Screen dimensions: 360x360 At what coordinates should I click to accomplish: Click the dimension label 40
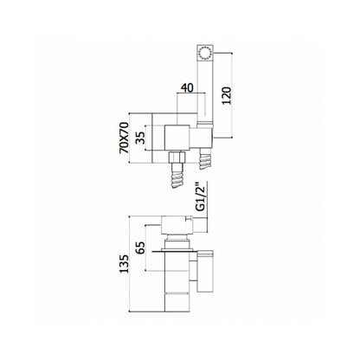click(x=187, y=88)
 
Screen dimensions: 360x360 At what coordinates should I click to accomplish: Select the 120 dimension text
click(x=227, y=95)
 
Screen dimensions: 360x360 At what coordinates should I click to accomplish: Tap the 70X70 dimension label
click(x=125, y=138)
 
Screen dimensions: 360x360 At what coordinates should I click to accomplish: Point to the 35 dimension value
click(x=140, y=138)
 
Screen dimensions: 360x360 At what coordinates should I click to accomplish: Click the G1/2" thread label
click(x=200, y=196)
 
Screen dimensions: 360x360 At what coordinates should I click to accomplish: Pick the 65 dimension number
click(x=140, y=247)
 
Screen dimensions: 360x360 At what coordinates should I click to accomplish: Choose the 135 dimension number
click(x=125, y=264)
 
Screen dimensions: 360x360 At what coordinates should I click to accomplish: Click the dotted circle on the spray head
click(x=205, y=53)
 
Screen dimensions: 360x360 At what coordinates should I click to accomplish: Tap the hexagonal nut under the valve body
click(x=177, y=157)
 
